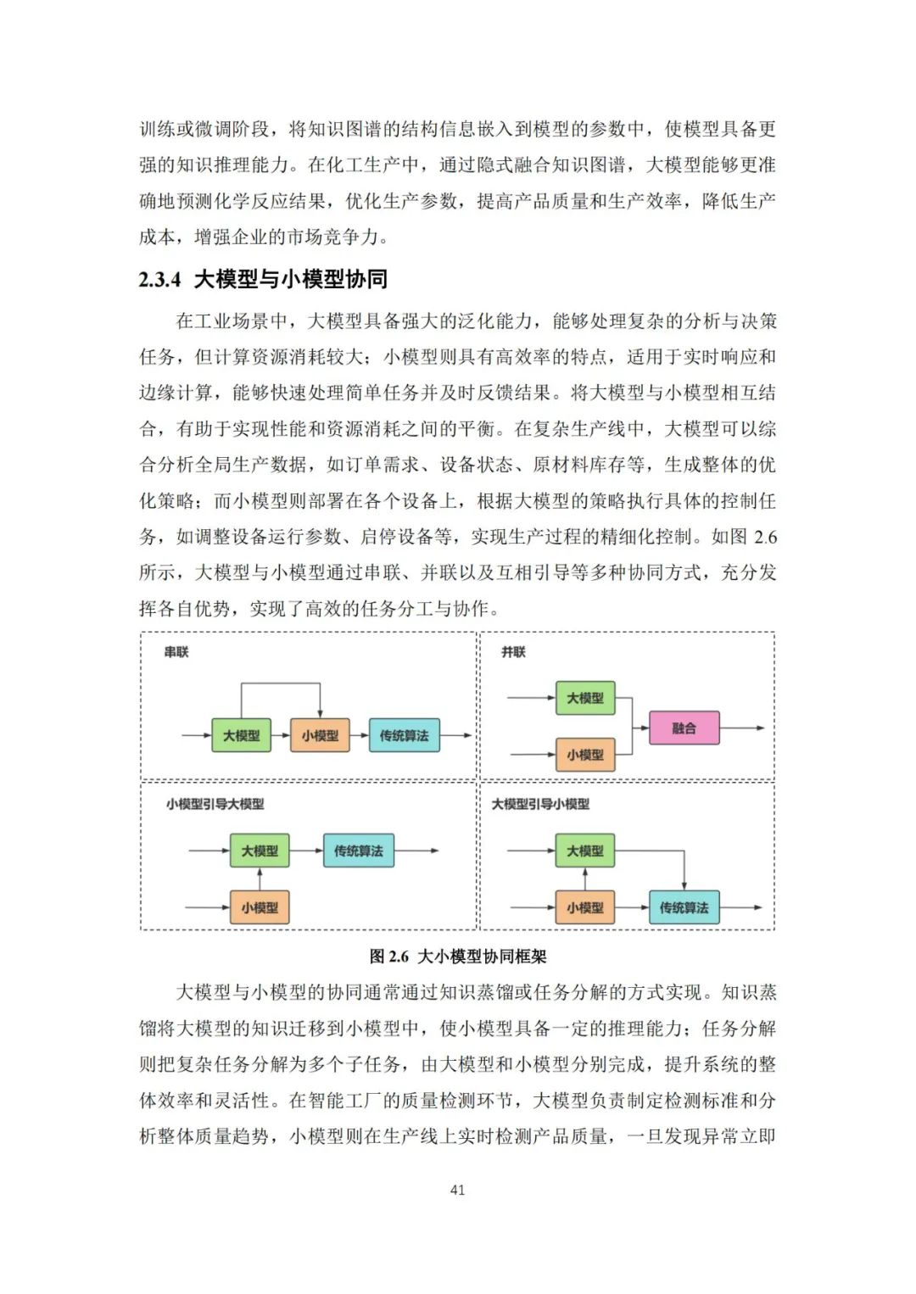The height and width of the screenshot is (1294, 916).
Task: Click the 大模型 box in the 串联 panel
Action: pyautogui.click(x=242, y=735)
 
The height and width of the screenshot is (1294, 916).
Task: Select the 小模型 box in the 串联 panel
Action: pyautogui.click(x=320, y=735)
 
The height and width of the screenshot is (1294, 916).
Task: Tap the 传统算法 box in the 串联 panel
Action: pyautogui.click(x=404, y=735)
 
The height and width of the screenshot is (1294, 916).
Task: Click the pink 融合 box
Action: pyautogui.click(x=684, y=728)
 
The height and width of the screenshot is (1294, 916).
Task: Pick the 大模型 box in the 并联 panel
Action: pyautogui.click(x=585, y=698)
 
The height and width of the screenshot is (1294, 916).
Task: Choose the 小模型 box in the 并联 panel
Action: pyautogui.click(x=585, y=754)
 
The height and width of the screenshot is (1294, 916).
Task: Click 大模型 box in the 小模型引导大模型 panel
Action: pyautogui.click(x=260, y=851)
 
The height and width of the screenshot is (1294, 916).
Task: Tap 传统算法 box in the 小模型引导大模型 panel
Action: pyautogui.click(x=358, y=851)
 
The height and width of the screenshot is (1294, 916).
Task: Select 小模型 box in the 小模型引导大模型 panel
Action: pyautogui.click(x=260, y=907)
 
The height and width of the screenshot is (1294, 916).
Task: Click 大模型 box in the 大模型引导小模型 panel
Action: pyautogui.click(x=585, y=851)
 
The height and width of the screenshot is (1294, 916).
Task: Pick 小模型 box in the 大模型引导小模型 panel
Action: pyautogui.click(x=585, y=907)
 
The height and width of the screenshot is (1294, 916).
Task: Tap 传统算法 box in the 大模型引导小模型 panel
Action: pyautogui.click(x=684, y=907)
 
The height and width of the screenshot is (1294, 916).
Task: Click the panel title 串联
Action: pyautogui.click(x=176, y=652)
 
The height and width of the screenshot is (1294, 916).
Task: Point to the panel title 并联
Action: pyautogui.click(x=513, y=652)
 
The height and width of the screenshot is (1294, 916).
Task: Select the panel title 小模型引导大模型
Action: pyautogui.click(x=215, y=804)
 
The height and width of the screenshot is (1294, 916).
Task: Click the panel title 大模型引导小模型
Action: pyautogui.click(x=540, y=804)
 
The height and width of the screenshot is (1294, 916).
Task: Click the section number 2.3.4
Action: pyautogui.click(x=159, y=279)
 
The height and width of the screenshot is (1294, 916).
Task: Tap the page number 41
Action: pyautogui.click(x=457, y=1190)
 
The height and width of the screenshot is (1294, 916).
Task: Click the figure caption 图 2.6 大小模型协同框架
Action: pyautogui.click(x=458, y=957)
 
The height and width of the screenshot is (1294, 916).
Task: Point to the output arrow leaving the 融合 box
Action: pyautogui.click(x=742, y=728)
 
